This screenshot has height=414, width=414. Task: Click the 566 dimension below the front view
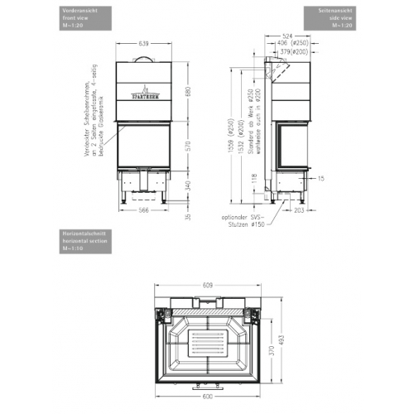pos(142,210)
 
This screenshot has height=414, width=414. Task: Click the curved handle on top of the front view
pos(143,57)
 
